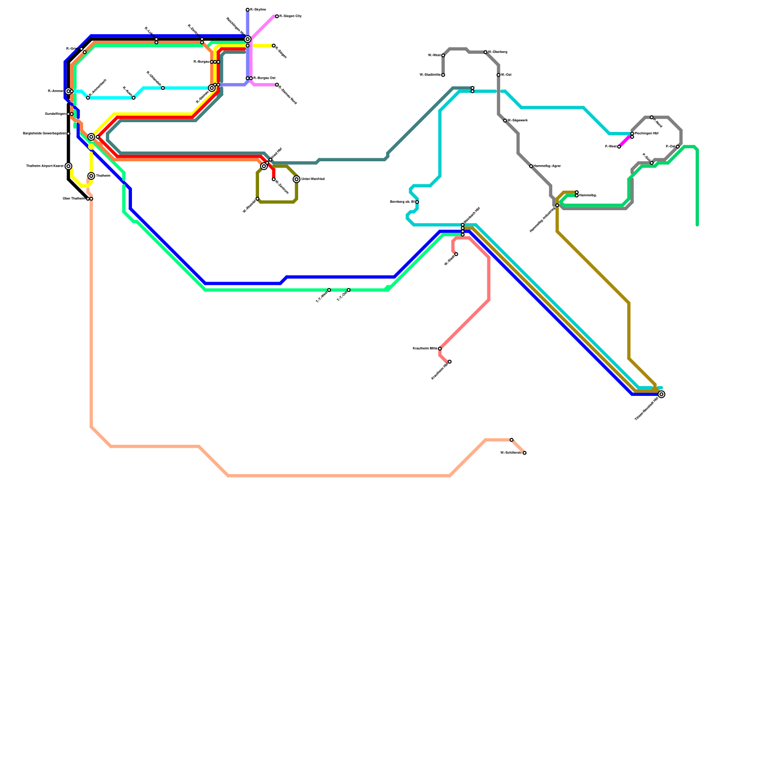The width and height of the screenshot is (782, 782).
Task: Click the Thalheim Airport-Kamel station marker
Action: pos(68,166)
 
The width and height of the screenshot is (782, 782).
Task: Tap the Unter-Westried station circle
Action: pos(297,179)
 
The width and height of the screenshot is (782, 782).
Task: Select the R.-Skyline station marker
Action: pos(248,10)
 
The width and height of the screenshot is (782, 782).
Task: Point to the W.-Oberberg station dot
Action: pos(485,52)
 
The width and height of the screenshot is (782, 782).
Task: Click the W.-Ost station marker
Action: pos(499,75)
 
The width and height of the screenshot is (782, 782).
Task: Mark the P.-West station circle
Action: pos(619,147)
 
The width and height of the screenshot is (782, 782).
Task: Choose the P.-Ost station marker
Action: pos(678,147)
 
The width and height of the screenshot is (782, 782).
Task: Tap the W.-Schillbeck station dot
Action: pos(524,453)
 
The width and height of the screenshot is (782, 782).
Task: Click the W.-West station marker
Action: pos(443,55)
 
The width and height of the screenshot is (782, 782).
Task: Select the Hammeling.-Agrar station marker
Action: pos(531,166)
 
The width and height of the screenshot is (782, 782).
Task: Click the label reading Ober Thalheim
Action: pos(74,199)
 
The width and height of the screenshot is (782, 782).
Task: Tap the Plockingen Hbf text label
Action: pos(646,133)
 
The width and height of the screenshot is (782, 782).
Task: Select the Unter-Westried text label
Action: pos(313,179)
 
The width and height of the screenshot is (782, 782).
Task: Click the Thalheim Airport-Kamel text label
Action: pos(44,166)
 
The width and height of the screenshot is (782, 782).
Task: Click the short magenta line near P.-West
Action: pos(625,141)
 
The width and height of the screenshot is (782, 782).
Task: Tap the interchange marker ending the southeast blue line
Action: pos(661,394)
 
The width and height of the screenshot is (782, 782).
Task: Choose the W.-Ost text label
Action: pos(506,75)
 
